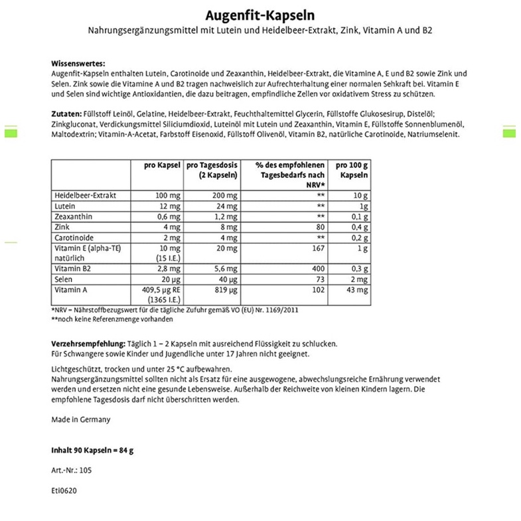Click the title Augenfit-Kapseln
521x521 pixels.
pyautogui.click(x=260, y=15)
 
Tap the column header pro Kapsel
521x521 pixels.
pyautogui.click(x=163, y=165)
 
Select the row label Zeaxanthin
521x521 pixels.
pyautogui.click(x=73, y=216)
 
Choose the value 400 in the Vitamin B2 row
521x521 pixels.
pyautogui.click(x=317, y=269)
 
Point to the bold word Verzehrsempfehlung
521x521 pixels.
pyautogui.click(x=88, y=343)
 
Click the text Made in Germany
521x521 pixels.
pyautogui.click(x=81, y=419)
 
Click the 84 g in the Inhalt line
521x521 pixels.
pyautogui.click(x=125, y=450)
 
